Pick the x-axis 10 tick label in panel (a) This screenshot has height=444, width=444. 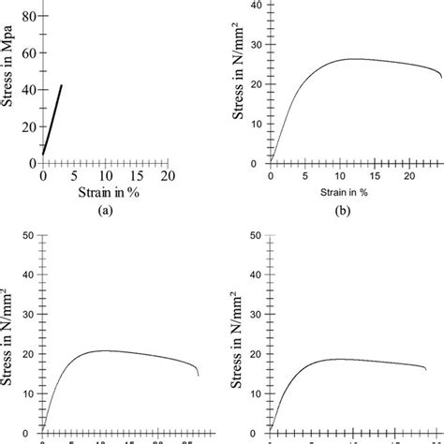tap(105, 175)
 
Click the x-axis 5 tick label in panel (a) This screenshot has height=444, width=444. tap(74, 175)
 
